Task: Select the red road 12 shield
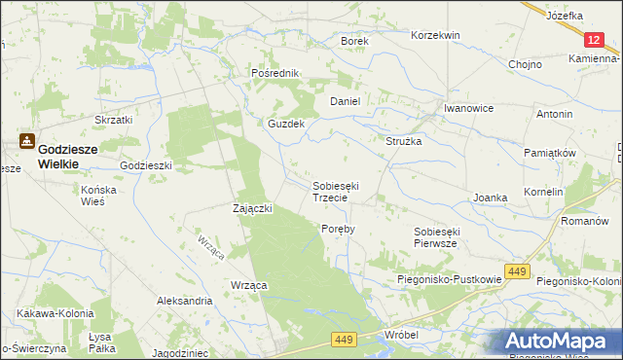coord(596,39)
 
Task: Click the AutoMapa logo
coord(563,341)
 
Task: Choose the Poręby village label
coord(338,229)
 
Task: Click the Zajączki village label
coord(252,208)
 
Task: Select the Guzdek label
coord(287,125)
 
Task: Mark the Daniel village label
coord(346,101)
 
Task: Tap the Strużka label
coord(403,141)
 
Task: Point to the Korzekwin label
coord(435,35)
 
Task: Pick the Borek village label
coord(353,42)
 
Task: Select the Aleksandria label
coord(185,302)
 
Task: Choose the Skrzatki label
coord(113,119)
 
